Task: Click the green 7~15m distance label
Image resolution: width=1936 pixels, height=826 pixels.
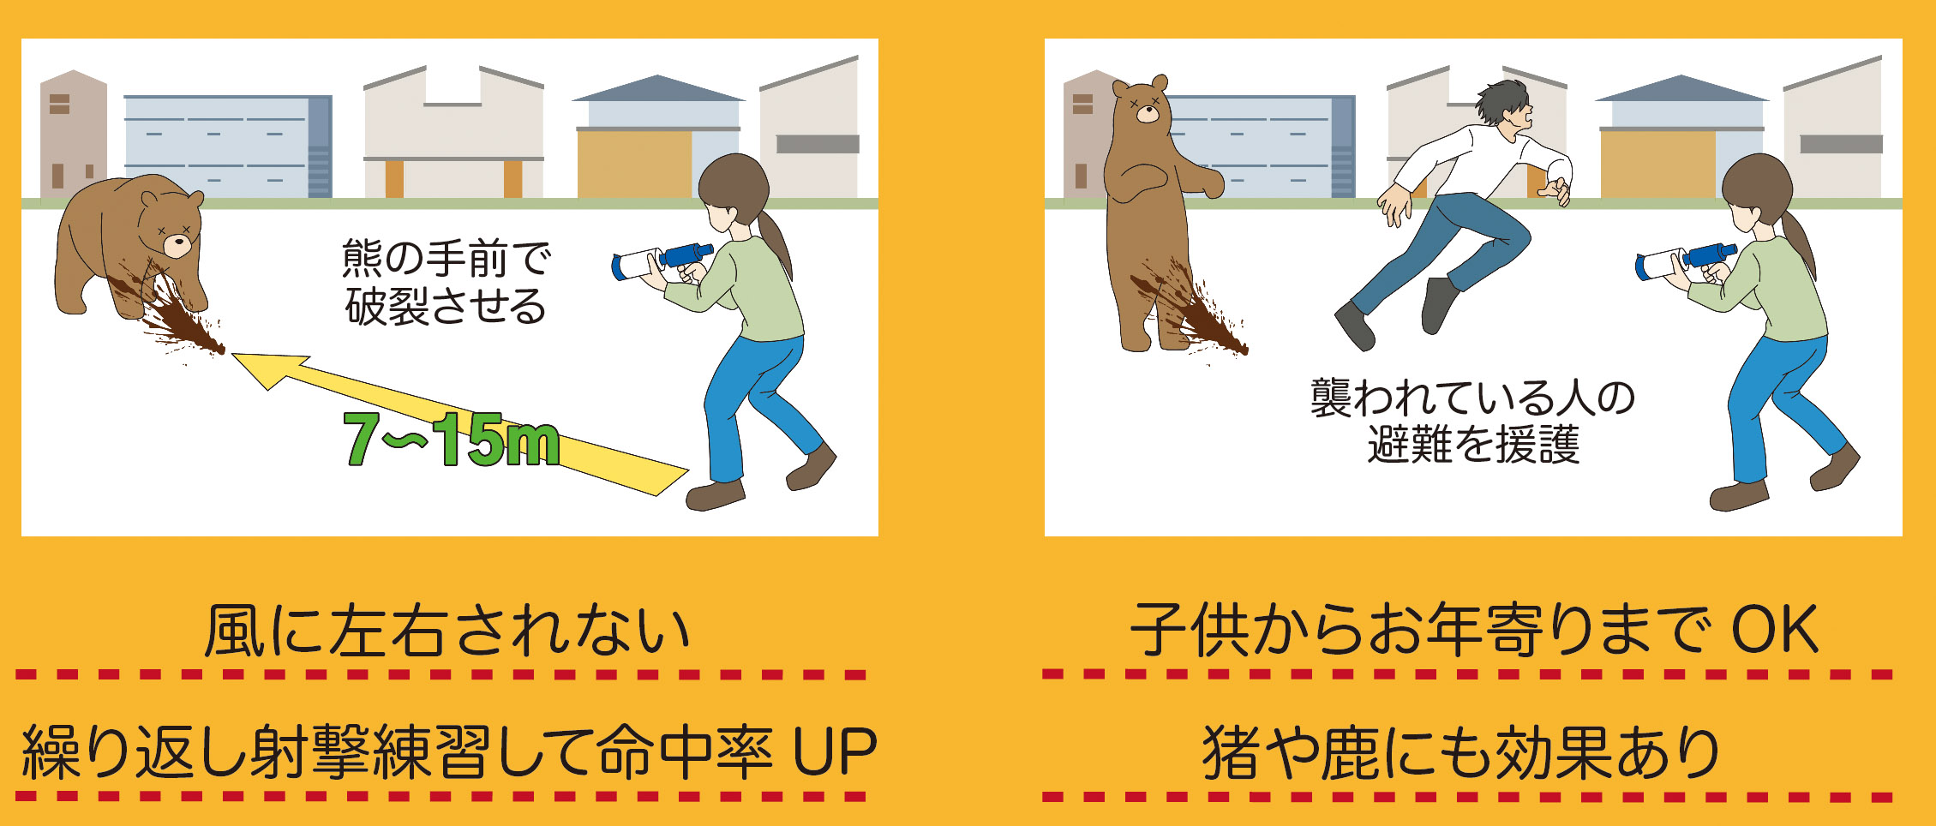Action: click(x=452, y=440)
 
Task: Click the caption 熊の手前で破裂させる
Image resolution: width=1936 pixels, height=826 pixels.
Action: click(x=446, y=282)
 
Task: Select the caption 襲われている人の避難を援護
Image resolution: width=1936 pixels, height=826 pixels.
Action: click(x=1472, y=421)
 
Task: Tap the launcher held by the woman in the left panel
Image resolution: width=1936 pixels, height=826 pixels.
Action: click(x=662, y=260)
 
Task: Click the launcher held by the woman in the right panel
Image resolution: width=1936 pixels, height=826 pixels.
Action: click(x=1685, y=260)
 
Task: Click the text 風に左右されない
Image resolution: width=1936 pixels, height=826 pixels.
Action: click(x=447, y=631)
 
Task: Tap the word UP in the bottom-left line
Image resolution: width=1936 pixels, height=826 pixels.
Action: click(x=835, y=751)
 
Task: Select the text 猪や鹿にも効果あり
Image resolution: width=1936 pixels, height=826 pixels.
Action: click(x=1460, y=752)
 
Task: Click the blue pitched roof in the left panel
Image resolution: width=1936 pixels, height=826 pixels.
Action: click(x=657, y=88)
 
